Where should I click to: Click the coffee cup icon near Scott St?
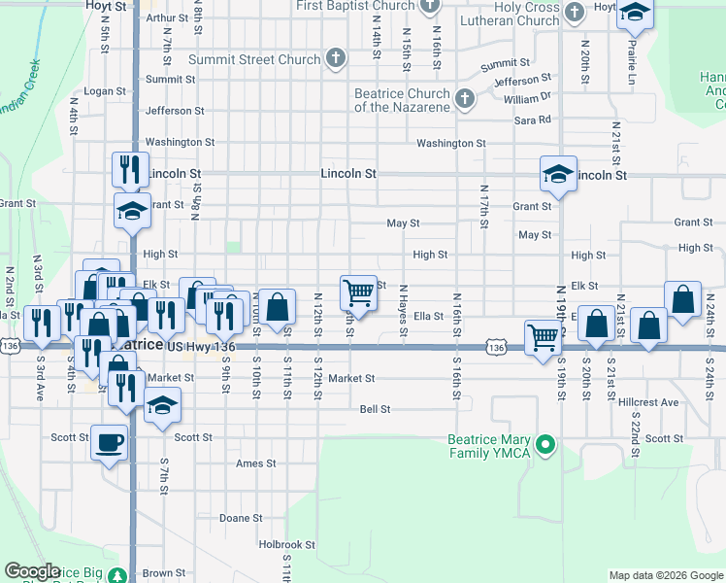[109, 442]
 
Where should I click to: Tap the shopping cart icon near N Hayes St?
[358, 291]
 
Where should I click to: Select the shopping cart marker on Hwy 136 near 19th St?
[543, 336]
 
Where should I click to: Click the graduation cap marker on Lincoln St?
[558, 173]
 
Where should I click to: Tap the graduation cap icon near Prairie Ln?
[635, 12]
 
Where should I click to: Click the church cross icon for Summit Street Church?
[335, 59]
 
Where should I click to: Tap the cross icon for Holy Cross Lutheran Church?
[575, 13]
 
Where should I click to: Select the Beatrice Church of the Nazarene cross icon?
[464, 98]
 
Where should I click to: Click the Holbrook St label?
[287, 545]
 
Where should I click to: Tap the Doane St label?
[241, 518]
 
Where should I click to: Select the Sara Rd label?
[532, 120]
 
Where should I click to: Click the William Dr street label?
[527, 98]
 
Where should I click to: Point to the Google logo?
[32, 570]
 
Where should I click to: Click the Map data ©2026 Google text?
[665, 575]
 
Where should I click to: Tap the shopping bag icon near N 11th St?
[278, 306]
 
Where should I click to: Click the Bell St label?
[375, 409]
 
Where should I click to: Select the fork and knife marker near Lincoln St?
[129, 169]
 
